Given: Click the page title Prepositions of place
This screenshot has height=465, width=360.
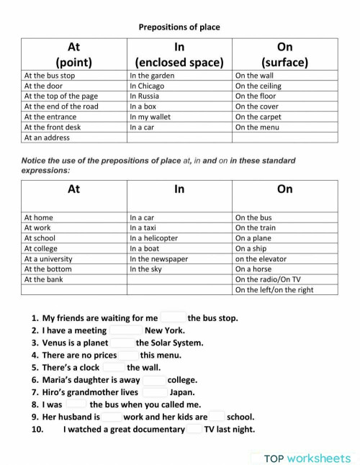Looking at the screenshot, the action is [x=179, y=27].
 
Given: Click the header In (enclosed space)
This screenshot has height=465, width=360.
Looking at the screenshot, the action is [x=179, y=54].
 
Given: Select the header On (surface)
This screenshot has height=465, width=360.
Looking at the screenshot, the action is [x=285, y=54].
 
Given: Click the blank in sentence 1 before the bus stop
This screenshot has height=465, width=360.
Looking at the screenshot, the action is [x=173, y=317].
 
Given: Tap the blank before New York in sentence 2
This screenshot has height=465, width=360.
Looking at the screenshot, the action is [x=125, y=330].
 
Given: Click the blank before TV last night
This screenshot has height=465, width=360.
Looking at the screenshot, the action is [x=194, y=430].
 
